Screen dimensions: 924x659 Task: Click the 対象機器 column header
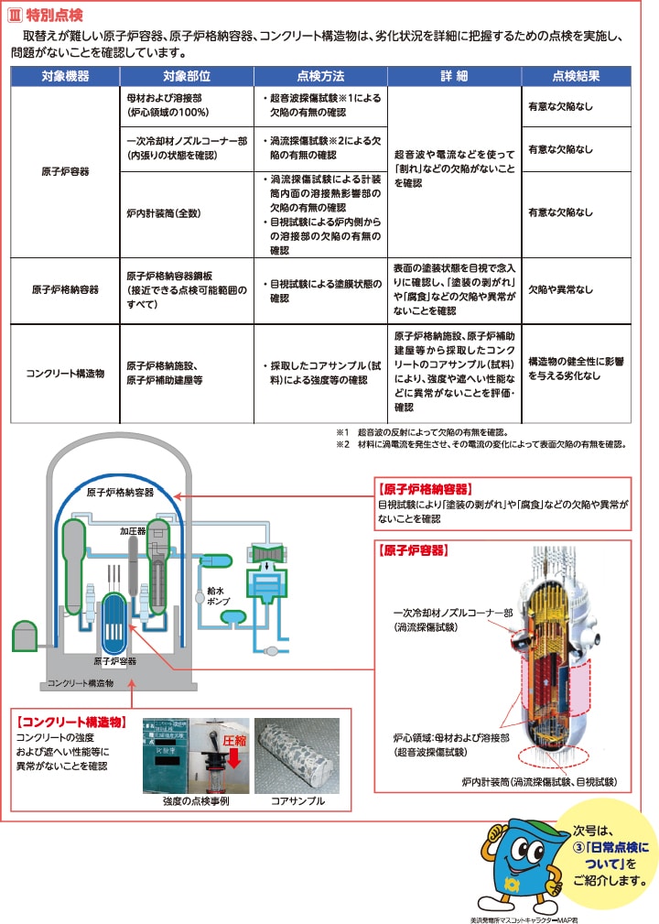click(x=66, y=76)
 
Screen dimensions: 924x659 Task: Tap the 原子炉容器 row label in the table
click(x=66, y=171)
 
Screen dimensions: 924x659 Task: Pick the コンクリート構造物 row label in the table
click(x=66, y=374)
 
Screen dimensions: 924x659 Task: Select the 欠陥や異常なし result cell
click(x=560, y=290)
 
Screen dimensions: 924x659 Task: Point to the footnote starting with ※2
click(x=480, y=444)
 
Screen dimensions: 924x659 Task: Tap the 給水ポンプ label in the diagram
click(x=218, y=596)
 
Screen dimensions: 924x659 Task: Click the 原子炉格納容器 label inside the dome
click(x=120, y=492)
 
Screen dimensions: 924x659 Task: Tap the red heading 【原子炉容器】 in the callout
click(x=413, y=550)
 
